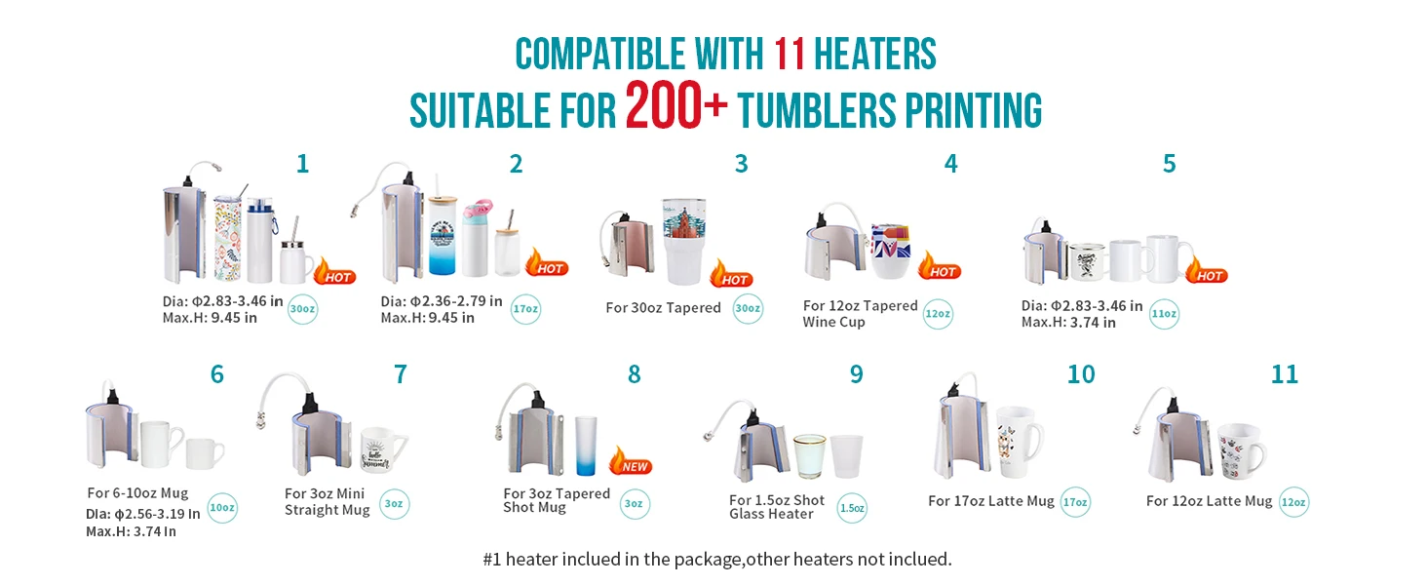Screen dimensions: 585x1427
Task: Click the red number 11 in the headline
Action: [790, 54]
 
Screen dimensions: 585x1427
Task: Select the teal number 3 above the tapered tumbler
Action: [741, 164]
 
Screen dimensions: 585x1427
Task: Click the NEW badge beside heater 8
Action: [632, 461]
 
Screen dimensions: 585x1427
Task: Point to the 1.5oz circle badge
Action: [852, 508]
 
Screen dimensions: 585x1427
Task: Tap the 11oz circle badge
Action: [1164, 314]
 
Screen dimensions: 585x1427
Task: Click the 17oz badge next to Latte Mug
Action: [1075, 502]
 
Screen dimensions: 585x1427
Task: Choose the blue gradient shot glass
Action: [585, 445]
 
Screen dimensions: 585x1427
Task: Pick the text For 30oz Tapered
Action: [663, 308]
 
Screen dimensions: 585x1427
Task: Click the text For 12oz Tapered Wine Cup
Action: [860, 314]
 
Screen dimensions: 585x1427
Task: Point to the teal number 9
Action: [856, 374]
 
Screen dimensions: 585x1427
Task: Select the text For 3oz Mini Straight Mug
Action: [328, 502]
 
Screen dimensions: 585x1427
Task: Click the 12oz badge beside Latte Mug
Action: [1293, 502]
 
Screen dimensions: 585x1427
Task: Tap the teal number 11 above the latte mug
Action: [1285, 374]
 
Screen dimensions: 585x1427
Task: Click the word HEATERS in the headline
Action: [874, 54]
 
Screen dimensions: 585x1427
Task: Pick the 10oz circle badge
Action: [221, 508]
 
